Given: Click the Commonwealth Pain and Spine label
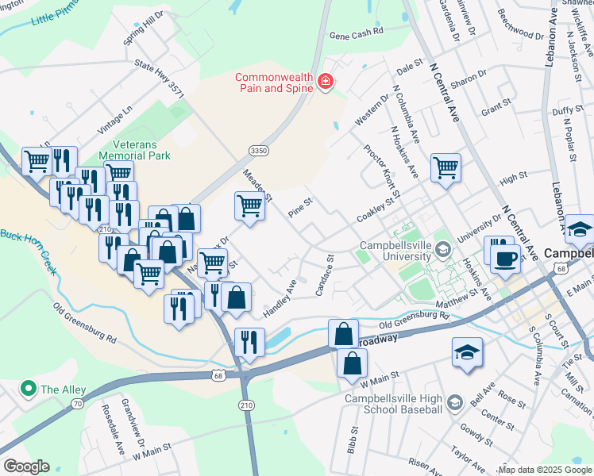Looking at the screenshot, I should (275, 82).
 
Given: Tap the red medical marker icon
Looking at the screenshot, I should (324, 82).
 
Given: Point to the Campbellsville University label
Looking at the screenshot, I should (398, 251).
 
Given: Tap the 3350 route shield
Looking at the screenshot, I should (257, 150).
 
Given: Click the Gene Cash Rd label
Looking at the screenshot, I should (357, 33).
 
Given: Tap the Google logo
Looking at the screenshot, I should (27, 466).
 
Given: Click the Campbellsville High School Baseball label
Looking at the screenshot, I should (392, 403).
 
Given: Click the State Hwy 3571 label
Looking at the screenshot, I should (160, 81).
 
